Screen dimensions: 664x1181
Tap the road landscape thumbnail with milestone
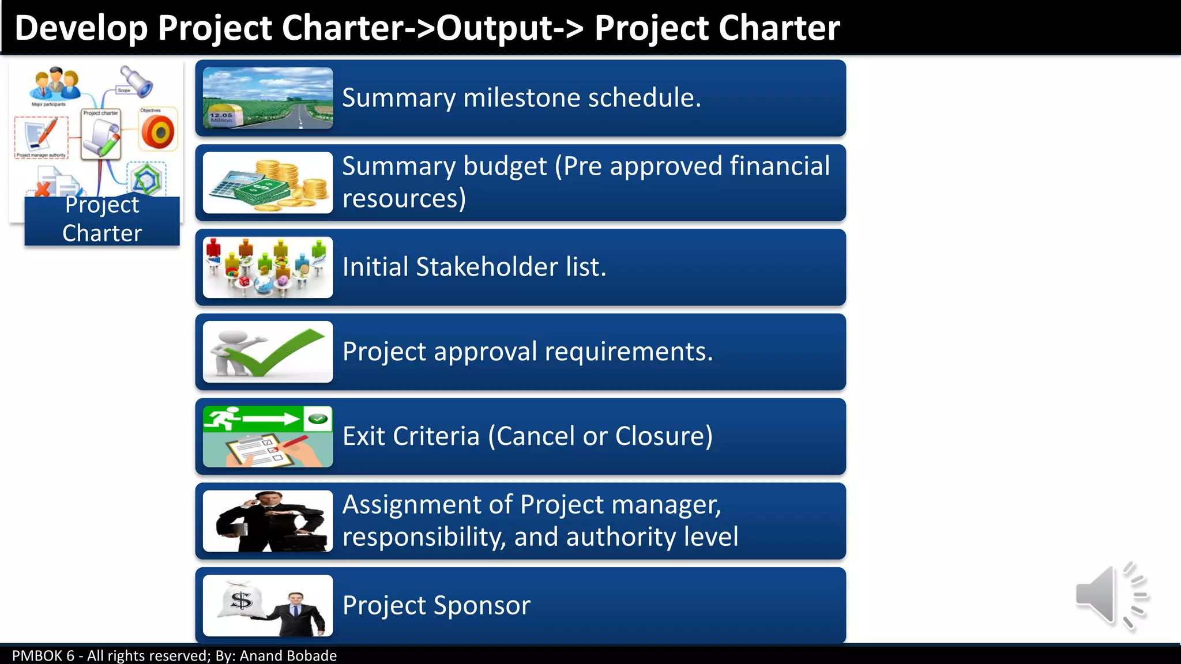268,98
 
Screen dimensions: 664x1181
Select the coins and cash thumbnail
268,183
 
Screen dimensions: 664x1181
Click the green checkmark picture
268,352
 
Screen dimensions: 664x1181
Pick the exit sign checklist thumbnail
268,436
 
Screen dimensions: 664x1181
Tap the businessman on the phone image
268,521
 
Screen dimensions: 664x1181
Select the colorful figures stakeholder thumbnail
268,267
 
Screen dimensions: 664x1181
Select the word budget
505,166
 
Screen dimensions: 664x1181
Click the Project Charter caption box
102,220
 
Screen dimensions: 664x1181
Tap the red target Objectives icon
158,131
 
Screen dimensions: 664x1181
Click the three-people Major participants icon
55,84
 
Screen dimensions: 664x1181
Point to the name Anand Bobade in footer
288,655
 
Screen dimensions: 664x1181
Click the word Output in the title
495,28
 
